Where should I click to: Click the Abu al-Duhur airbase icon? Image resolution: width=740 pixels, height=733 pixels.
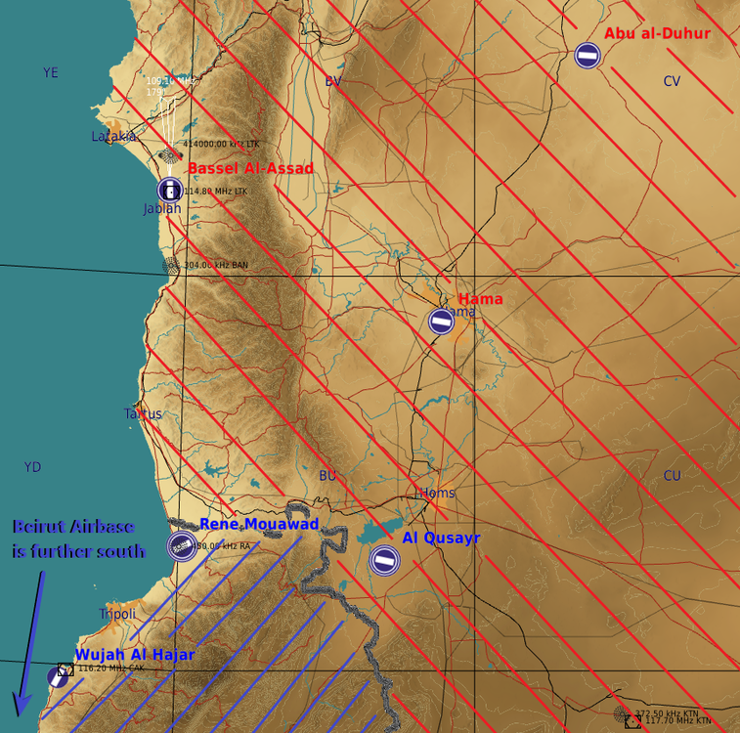click(x=588, y=56)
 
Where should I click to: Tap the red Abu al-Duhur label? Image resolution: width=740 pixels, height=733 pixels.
click(x=657, y=34)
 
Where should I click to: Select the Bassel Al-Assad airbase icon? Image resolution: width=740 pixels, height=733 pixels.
click(x=170, y=190)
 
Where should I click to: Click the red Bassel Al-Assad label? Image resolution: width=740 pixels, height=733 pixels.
click(x=250, y=169)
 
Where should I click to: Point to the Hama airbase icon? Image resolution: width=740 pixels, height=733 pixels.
click(x=442, y=321)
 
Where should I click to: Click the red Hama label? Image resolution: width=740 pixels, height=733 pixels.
click(x=480, y=299)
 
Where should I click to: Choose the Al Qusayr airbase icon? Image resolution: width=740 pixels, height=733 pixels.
click(x=384, y=560)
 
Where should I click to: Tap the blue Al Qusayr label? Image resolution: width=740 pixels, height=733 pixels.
click(x=441, y=539)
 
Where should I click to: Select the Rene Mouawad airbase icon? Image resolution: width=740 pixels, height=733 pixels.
click(x=181, y=547)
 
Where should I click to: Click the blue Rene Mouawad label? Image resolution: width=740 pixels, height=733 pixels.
click(x=259, y=525)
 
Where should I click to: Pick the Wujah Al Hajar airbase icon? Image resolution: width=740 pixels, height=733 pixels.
click(x=58, y=675)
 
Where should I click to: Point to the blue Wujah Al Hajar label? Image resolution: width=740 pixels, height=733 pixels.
click(x=135, y=655)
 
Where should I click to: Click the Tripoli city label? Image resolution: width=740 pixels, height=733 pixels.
click(x=117, y=614)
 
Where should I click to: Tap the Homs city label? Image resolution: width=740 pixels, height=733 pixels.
click(x=437, y=493)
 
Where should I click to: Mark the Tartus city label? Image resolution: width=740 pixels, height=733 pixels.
click(x=143, y=414)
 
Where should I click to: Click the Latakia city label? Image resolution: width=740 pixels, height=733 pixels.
click(x=113, y=137)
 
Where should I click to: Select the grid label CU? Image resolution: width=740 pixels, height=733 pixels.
click(x=672, y=476)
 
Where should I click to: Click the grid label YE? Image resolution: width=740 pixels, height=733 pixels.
click(x=51, y=72)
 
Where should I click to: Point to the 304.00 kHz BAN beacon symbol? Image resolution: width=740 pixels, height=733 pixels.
click(x=172, y=265)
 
